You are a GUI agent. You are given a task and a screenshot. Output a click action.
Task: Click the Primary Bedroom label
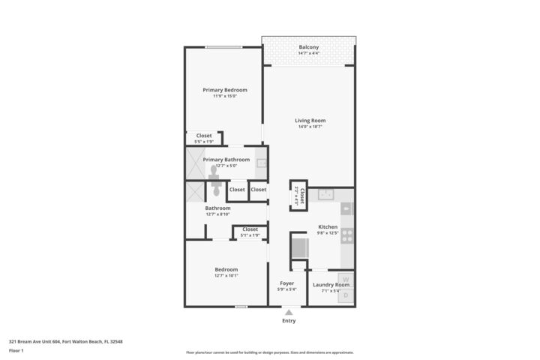(x=225, y=90)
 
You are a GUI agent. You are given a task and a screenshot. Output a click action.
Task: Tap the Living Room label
(x=310, y=121)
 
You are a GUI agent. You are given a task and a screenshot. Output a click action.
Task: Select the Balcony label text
(x=308, y=47)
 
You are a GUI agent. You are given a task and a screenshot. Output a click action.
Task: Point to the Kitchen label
(x=328, y=226)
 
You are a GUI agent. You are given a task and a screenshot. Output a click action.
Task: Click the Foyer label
(x=286, y=283)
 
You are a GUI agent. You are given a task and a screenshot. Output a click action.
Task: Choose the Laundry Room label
(x=331, y=285)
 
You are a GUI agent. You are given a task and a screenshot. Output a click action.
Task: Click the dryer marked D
(x=346, y=295)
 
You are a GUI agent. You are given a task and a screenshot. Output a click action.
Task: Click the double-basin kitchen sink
(x=325, y=194)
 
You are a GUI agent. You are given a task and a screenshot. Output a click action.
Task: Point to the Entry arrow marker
(x=288, y=312)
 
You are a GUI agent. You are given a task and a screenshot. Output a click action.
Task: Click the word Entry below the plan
(x=289, y=321)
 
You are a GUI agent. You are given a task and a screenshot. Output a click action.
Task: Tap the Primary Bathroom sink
(x=261, y=163)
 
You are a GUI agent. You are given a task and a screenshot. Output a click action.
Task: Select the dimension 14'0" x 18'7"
(x=310, y=127)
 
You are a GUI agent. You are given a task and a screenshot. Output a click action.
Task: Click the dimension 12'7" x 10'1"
(x=226, y=275)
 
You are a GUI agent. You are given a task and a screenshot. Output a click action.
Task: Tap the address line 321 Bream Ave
(x=65, y=341)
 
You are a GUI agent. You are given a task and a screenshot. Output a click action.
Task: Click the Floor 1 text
(x=16, y=350)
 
